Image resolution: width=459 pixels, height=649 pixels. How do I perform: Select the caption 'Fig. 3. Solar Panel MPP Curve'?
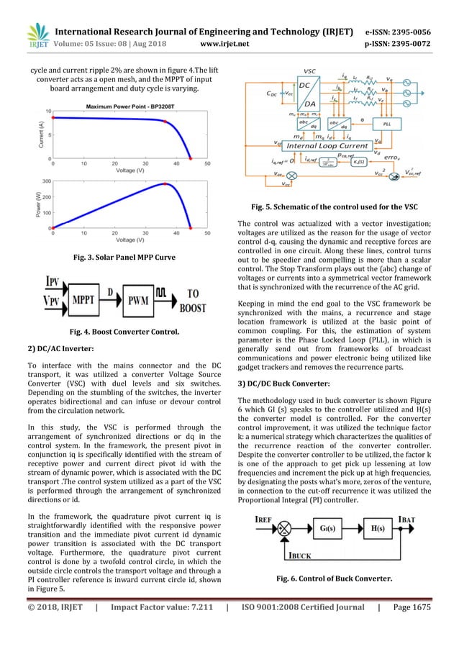[119, 257]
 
